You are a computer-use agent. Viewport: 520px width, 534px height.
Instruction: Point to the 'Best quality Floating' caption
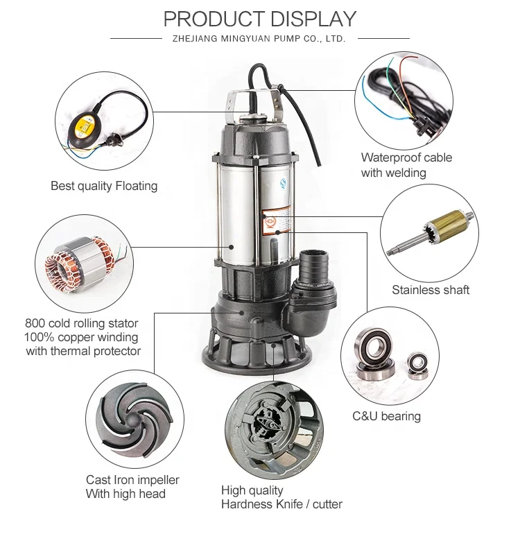point(104,186)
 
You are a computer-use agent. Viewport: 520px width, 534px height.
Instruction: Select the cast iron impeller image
point(135,420)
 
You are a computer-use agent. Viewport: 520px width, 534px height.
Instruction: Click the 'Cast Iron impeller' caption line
point(132,479)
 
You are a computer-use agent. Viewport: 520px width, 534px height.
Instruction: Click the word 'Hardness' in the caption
point(244,504)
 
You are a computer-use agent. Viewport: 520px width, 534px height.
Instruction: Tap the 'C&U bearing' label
point(386,416)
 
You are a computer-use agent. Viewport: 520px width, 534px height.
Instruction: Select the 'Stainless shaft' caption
point(431,290)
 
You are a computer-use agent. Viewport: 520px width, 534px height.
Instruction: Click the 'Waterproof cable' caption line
point(406,157)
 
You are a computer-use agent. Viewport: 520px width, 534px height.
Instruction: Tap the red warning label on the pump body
point(276,221)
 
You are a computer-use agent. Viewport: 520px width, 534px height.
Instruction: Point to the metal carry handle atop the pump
point(254,98)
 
